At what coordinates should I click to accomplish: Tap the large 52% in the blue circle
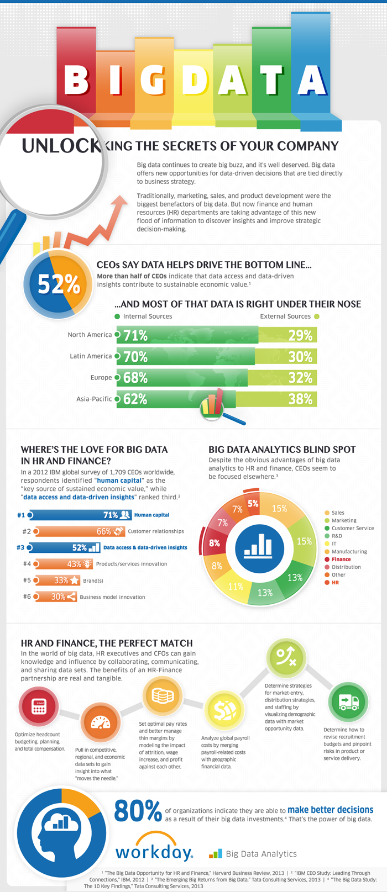coord(59,284)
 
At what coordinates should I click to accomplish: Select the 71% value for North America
coord(135,335)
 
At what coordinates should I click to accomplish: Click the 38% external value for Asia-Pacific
coord(300,399)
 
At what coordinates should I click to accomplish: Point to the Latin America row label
coord(91,356)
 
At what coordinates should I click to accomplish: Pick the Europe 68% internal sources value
coord(135,378)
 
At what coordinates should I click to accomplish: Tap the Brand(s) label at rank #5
coord(92,580)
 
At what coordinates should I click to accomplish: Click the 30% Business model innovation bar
coord(55,597)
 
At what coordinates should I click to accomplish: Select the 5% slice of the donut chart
coord(253,504)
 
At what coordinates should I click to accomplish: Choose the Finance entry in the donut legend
coord(341,559)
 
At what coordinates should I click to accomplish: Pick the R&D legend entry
coord(337,536)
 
